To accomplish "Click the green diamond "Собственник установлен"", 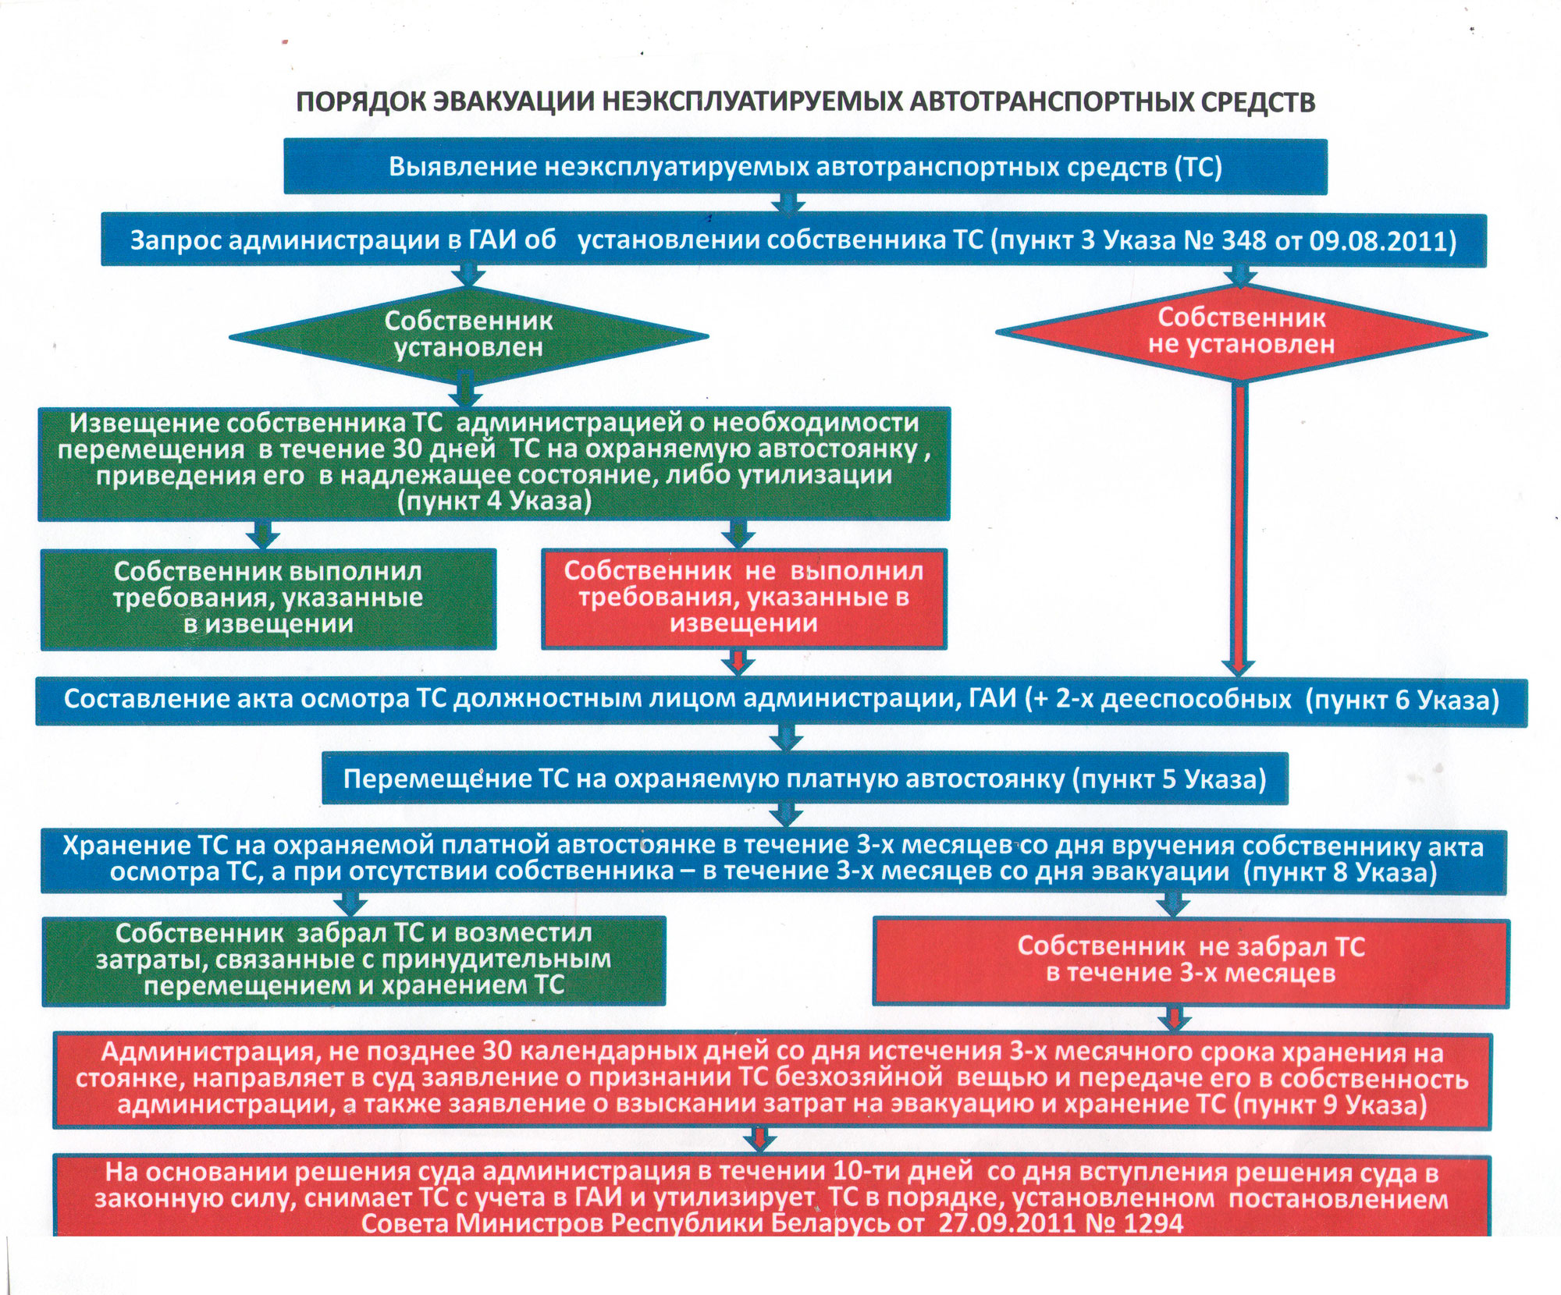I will [x=468, y=335].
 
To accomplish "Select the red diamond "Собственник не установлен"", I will [x=1241, y=332].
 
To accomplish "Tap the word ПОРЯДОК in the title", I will [x=359, y=102].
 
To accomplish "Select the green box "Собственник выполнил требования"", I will [x=268, y=598].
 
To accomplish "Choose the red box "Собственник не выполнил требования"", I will [x=743, y=598].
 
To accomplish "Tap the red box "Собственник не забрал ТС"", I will [x=1190, y=960].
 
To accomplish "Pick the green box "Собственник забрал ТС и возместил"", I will [x=353, y=960].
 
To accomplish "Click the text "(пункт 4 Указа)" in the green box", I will [x=495, y=502].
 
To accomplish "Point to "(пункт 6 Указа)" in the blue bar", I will [x=1403, y=700].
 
